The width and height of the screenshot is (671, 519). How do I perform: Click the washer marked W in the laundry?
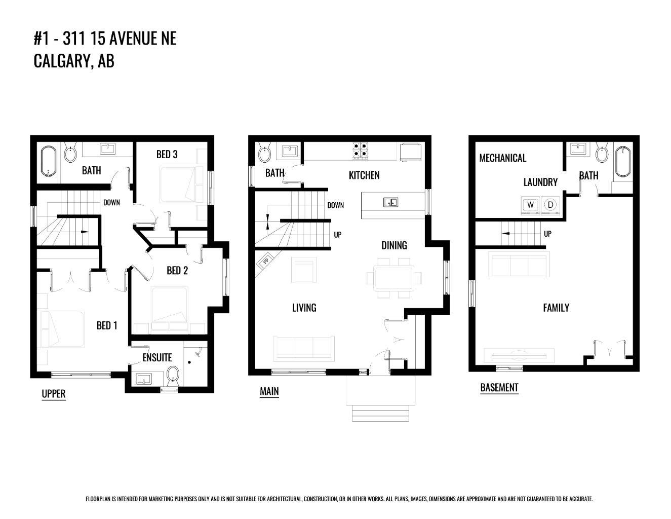(530, 205)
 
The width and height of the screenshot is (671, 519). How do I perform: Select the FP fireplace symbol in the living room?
(265, 261)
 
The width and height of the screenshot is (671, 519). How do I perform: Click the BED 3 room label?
(167, 154)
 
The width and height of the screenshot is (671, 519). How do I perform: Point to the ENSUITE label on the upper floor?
(157, 357)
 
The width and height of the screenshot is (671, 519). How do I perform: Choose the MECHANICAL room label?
(502, 158)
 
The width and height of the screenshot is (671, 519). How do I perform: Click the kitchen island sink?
(390, 202)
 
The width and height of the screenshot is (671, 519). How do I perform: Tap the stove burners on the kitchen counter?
(361, 150)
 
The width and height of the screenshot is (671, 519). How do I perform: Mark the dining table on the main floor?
(394, 278)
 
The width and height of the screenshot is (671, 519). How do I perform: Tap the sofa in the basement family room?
(519, 265)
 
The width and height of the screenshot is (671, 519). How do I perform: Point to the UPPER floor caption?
(53, 393)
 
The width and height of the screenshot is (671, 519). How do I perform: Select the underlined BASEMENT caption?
(499, 387)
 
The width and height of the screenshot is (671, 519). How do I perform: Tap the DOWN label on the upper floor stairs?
(111, 202)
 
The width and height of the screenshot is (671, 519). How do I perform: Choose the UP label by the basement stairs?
(547, 234)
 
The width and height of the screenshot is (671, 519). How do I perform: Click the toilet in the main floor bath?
(264, 152)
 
